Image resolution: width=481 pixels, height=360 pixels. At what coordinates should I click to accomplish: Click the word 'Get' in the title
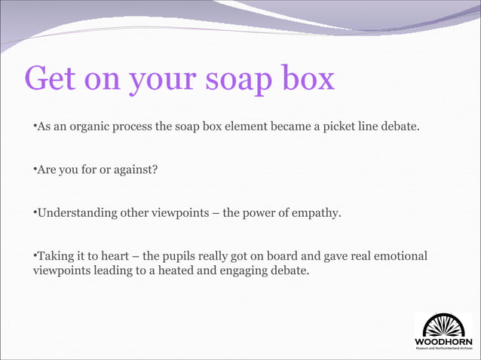pos(53,79)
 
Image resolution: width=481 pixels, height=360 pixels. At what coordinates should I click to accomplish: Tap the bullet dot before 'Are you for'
pos(34,169)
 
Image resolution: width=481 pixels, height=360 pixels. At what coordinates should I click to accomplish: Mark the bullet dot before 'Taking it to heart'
pos(34,257)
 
